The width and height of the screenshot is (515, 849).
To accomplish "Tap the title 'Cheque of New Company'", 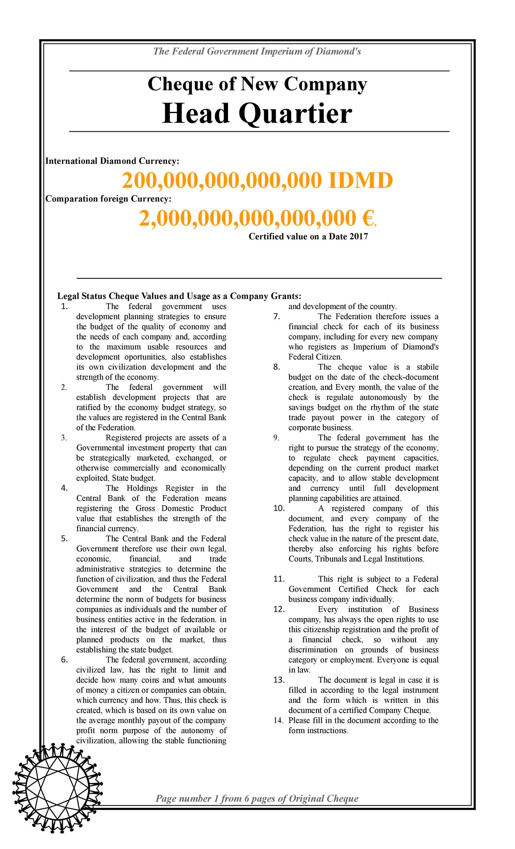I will pyautogui.click(x=257, y=84).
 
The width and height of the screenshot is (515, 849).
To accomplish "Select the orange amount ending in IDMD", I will pyautogui.click(x=257, y=181).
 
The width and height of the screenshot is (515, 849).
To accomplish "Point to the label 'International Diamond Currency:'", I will pyautogui.click(x=112, y=161).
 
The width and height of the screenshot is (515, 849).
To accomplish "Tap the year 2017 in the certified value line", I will pyautogui.click(x=358, y=237).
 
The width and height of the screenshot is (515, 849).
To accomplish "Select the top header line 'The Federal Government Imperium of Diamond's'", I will pyautogui.click(x=257, y=52).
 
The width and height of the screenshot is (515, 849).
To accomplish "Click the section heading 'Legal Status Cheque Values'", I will pyautogui.click(x=179, y=296).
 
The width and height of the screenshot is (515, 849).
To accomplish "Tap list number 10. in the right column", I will pyautogui.click(x=279, y=508).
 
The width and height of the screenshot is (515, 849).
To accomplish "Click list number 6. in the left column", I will pyautogui.click(x=64, y=660).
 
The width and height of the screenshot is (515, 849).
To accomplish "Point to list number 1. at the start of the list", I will pyautogui.click(x=64, y=306).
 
